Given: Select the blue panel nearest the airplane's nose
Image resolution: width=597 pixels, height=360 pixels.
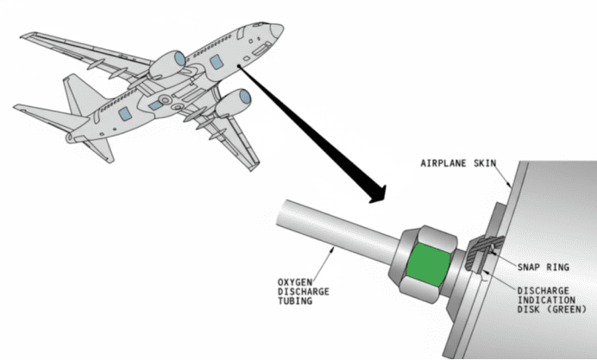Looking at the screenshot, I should tap(215, 63).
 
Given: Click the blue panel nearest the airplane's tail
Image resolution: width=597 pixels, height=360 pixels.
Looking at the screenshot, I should tap(124, 115).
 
